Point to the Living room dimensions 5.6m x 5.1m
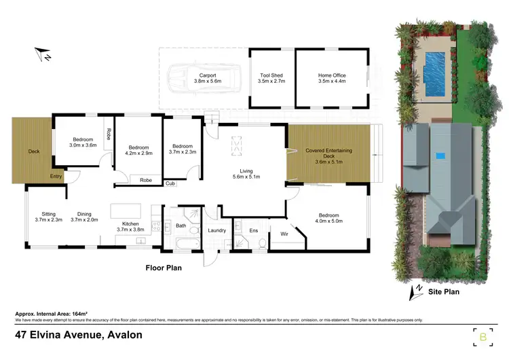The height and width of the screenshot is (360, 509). click(246, 177)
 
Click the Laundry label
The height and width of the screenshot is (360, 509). click(216, 230)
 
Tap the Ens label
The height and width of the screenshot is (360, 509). click(253, 231)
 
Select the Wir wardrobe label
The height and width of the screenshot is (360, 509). click(285, 235)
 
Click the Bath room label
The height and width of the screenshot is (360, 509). click(181, 226)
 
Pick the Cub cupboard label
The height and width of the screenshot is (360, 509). click(170, 183)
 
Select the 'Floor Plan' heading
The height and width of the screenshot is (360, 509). click(164, 268)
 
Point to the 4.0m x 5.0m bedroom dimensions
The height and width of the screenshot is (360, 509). click(328, 221)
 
